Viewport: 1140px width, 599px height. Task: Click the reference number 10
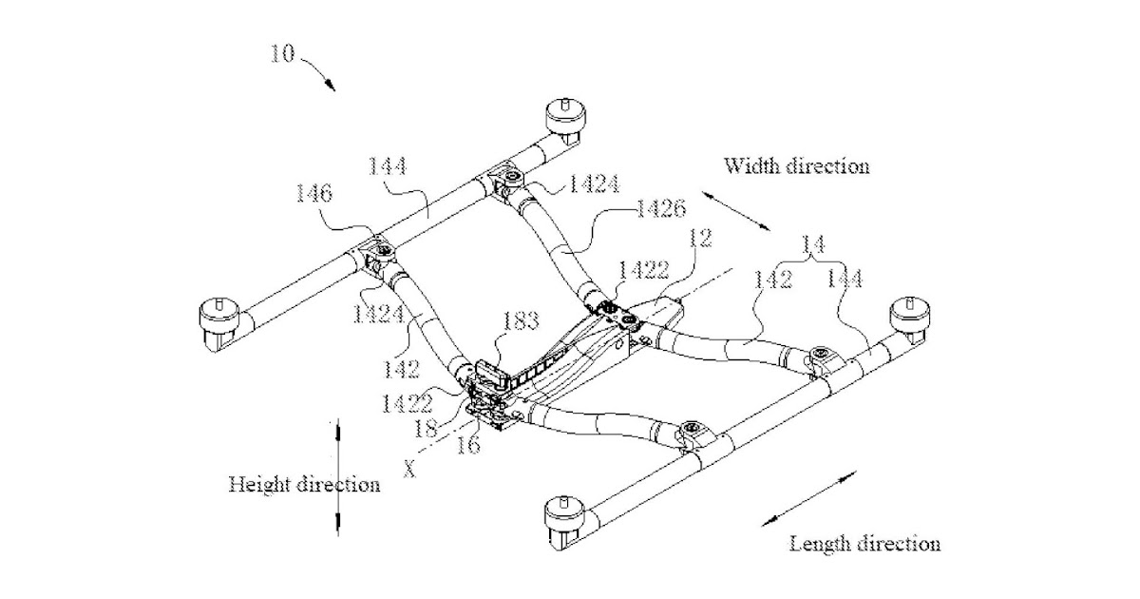point(282,54)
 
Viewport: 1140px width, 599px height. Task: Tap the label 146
point(313,195)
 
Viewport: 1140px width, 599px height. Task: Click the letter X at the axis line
point(410,468)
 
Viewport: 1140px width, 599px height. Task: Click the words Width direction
point(796,166)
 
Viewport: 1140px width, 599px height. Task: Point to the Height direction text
point(304,485)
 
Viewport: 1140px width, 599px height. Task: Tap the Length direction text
point(865,544)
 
